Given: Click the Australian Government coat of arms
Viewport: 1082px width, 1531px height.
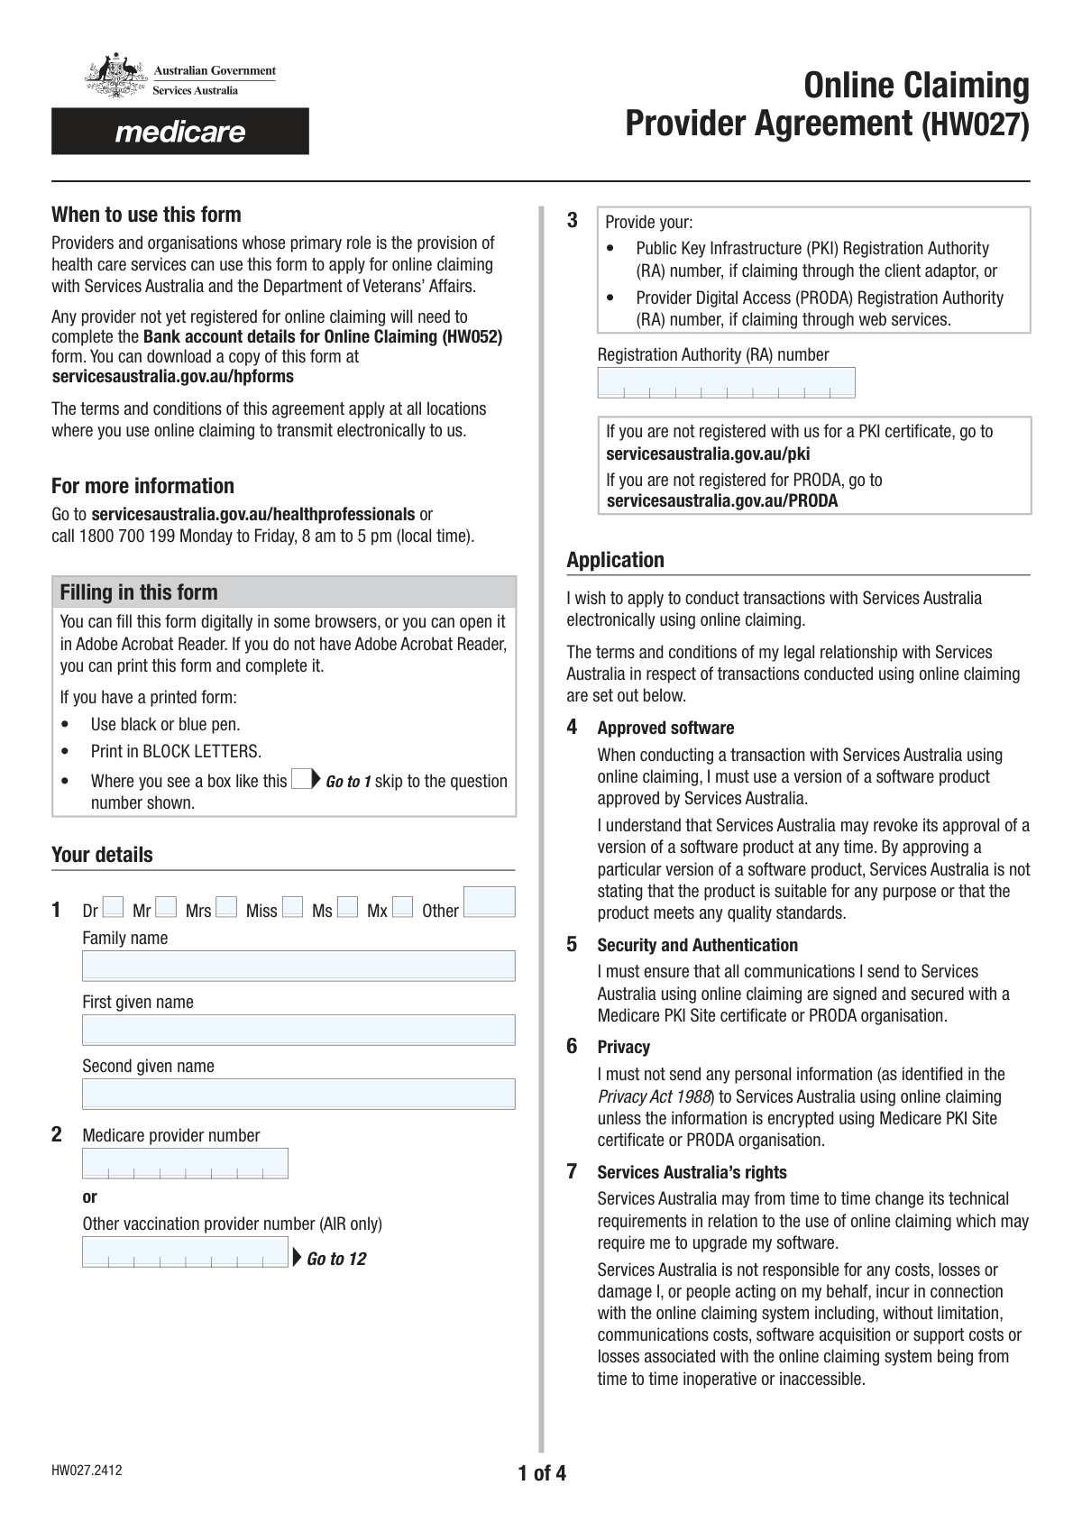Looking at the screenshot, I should (115, 78).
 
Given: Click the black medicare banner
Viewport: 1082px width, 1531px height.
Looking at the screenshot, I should (180, 132).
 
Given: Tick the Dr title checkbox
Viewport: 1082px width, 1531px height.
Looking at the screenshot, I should (114, 908).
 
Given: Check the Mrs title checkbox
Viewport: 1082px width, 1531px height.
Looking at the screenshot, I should (227, 908).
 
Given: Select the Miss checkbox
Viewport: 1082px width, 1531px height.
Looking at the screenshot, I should (292, 908).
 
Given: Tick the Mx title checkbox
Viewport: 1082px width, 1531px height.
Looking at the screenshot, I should (403, 908).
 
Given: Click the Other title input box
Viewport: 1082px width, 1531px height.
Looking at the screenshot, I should (489, 902).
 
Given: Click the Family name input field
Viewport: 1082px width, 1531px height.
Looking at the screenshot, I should (298, 966).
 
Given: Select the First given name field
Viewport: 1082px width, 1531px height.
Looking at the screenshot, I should (298, 1030).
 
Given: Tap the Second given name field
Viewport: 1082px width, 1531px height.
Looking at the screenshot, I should (298, 1094).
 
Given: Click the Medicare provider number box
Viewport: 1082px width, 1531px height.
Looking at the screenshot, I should (185, 1163).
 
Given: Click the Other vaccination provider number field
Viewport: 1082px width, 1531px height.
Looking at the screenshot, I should (185, 1251).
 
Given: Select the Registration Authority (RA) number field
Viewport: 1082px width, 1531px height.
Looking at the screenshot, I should (726, 382).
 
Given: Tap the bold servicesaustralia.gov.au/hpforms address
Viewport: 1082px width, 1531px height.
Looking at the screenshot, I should (172, 377).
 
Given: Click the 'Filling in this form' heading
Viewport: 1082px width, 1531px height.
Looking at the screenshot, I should (139, 592).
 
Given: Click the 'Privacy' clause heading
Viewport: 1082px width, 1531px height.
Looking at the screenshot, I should (623, 1047).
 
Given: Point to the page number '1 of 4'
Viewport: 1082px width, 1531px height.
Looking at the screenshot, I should (542, 1474).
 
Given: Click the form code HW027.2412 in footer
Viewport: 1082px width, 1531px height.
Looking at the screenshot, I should (87, 1471).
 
